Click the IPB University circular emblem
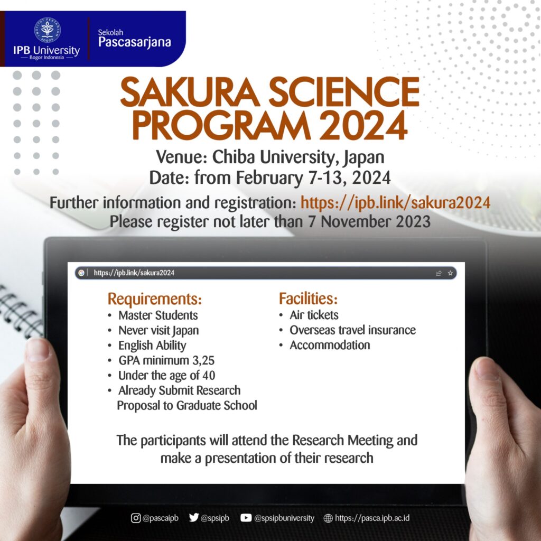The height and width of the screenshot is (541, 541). tap(47, 30)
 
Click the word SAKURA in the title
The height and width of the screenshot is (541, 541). tap(190, 92)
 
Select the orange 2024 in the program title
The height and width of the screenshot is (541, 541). tap(363, 126)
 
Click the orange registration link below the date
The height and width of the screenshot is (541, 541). tap(395, 202)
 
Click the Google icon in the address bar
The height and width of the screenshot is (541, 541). tap(81, 273)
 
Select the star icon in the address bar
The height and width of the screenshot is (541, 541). tap(450, 273)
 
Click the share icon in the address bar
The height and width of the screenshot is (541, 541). tap(439, 273)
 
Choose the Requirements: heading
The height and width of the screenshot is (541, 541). tap(155, 299)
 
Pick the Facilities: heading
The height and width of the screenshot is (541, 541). tap(308, 299)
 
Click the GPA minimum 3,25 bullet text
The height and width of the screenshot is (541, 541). tap(166, 360)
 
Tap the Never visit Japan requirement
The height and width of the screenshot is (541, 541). tap(158, 330)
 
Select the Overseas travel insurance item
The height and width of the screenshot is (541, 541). tap(352, 330)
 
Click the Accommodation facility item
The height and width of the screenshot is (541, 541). tap(330, 345)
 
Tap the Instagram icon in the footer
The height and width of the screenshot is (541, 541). tap(136, 518)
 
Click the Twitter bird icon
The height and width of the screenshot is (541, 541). tap(194, 518)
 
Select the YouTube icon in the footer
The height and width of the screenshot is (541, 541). tap(246, 518)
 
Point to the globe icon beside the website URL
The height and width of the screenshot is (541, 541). tap(328, 518)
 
